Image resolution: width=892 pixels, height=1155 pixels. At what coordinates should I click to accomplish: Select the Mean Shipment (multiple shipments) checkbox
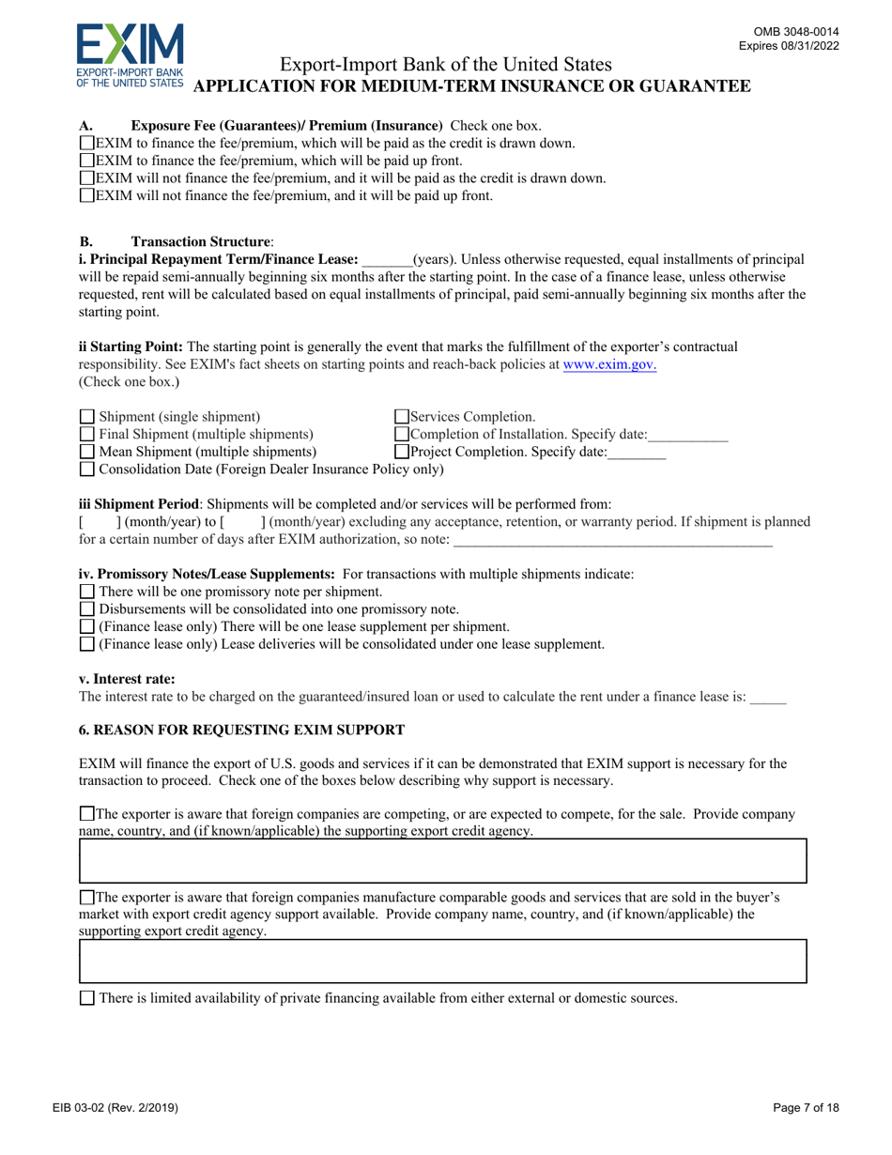click(x=87, y=451)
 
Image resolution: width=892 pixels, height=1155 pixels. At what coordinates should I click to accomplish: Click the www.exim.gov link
click(x=608, y=364)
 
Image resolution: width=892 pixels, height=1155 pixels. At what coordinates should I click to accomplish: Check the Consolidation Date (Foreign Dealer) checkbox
click(x=87, y=468)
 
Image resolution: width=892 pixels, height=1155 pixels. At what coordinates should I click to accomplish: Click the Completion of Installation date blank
click(x=688, y=435)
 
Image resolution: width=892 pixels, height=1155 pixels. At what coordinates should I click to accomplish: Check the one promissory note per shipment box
click(x=87, y=592)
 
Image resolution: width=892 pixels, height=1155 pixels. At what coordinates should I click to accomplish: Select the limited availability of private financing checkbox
click(x=87, y=998)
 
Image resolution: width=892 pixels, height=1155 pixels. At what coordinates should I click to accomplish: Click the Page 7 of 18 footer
click(x=807, y=1108)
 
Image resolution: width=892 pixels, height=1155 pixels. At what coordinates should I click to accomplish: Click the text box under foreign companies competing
click(x=442, y=861)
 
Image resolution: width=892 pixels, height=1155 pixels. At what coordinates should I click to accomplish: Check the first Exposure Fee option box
click(x=87, y=144)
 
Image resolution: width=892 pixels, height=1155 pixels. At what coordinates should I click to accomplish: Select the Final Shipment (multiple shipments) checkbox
click(x=87, y=434)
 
